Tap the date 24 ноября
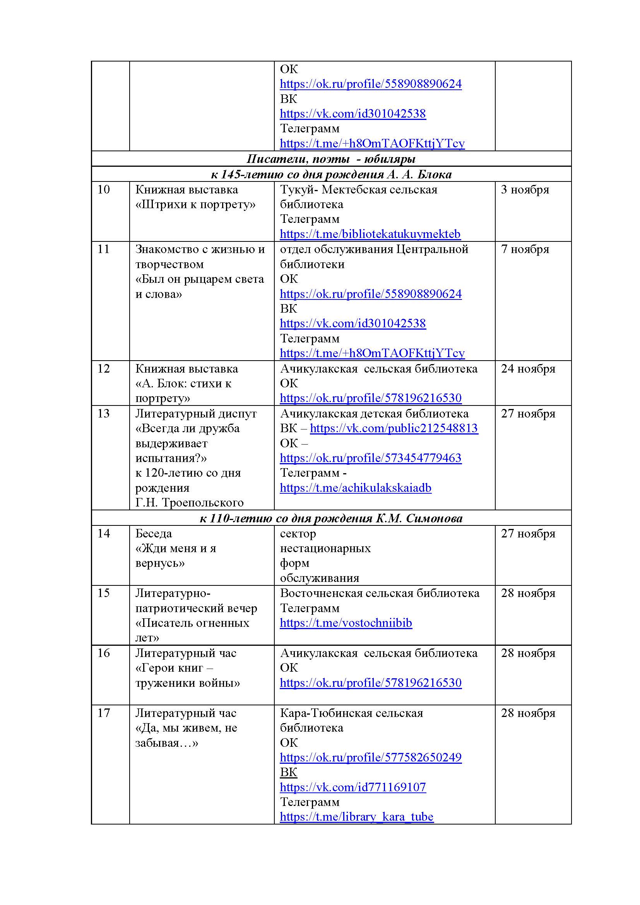tap(528, 369)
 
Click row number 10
tap(104, 190)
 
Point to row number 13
tap(104, 414)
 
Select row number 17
tap(104, 713)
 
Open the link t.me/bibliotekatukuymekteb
tap(370, 234)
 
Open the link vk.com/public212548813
tap(394, 428)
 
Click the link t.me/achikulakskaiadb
tap(356, 488)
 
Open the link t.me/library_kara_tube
tap(356, 817)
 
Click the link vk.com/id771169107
tap(353, 787)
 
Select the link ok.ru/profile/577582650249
tap(370, 757)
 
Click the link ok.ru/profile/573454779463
tap(370, 458)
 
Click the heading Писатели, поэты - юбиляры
tap(331, 159)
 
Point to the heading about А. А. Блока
tap(331, 174)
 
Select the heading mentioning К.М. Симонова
tap(331, 518)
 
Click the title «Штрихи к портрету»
tap(195, 205)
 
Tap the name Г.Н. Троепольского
tap(189, 503)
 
